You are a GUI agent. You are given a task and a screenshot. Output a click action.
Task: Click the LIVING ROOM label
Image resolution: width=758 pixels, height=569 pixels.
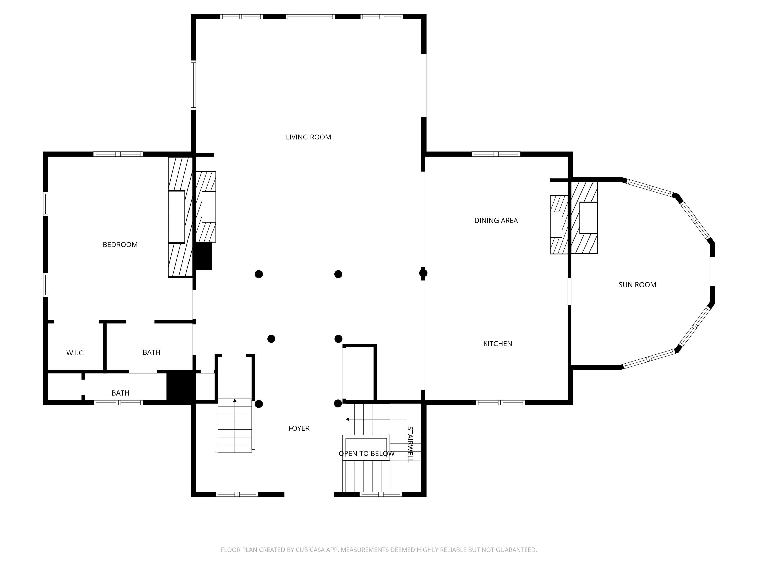(x=309, y=137)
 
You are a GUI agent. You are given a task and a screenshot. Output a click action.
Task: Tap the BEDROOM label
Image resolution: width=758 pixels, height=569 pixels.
(x=120, y=245)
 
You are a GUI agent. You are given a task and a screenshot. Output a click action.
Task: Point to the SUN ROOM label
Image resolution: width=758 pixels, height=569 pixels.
(x=637, y=285)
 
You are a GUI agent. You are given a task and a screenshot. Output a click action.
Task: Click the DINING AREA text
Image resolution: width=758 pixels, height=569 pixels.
(x=496, y=221)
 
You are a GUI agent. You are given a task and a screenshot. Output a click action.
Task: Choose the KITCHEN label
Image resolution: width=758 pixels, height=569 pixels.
(x=498, y=344)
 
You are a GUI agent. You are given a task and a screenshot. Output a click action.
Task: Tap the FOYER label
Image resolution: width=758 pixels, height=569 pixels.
(x=299, y=428)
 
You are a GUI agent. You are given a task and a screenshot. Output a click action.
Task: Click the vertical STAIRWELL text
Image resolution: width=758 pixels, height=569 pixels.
(x=410, y=445)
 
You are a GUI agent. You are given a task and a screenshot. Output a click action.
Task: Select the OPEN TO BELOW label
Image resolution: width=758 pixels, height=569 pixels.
(x=366, y=454)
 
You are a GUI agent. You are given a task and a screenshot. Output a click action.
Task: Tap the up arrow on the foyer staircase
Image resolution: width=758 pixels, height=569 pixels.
(x=235, y=401)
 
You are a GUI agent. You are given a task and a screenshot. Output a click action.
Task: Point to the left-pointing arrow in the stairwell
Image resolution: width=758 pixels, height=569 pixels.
(x=347, y=419)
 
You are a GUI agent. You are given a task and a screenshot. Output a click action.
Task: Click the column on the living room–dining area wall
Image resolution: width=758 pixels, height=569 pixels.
(x=423, y=273)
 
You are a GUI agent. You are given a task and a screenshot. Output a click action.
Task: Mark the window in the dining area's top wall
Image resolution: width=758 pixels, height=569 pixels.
(x=496, y=154)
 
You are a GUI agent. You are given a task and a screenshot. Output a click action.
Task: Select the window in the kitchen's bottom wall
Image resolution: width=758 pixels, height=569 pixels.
(x=500, y=403)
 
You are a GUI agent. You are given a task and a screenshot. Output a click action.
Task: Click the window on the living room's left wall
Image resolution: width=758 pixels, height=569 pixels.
(x=193, y=85)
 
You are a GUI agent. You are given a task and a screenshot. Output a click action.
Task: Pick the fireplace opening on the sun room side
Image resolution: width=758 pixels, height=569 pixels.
(x=588, y=217)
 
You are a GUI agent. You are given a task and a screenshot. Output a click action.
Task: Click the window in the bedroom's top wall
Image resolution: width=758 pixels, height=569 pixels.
(x=118, y=154)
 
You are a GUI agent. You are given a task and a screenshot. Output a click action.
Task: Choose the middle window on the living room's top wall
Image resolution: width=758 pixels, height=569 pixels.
(x=310, y=17)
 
